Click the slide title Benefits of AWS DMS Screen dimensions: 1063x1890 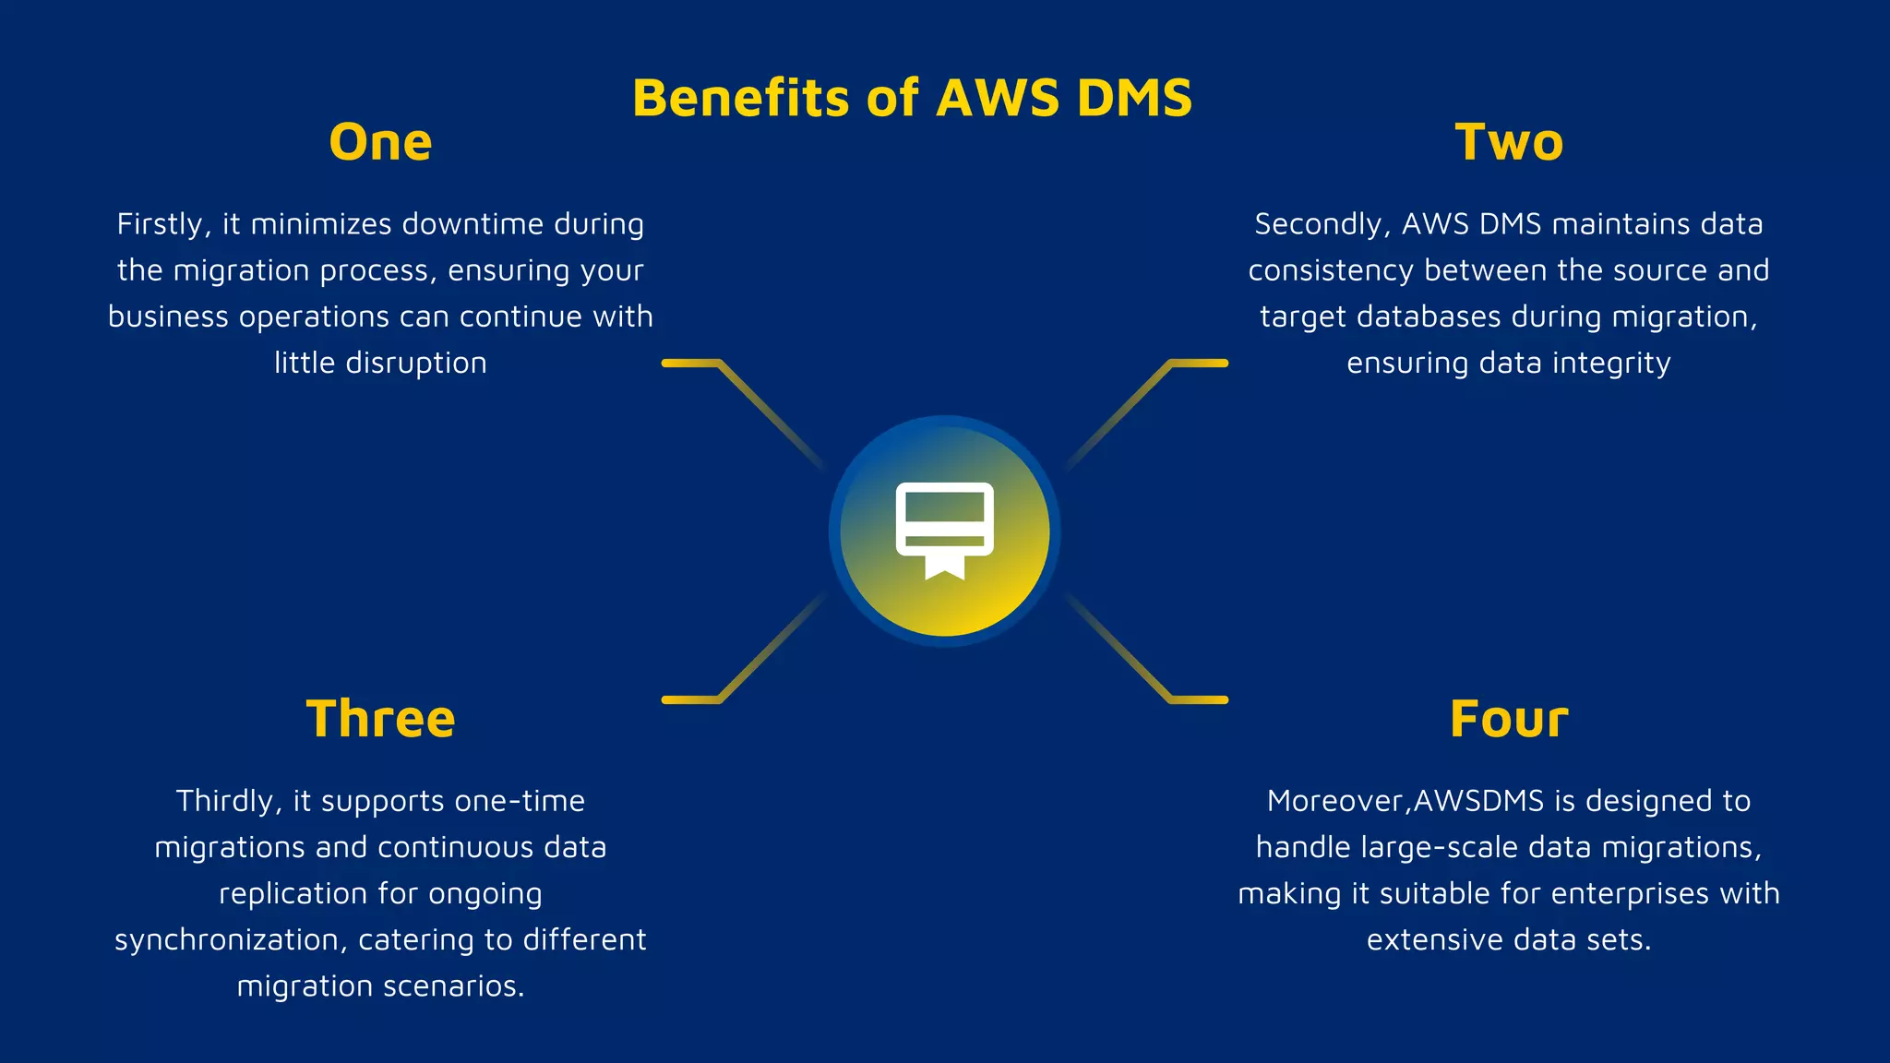[912, 98]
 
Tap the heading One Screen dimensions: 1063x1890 [380, 143]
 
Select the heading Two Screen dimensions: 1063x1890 [1509, 143]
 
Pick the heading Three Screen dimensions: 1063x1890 [380, 720]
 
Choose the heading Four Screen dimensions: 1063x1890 [1509, 720]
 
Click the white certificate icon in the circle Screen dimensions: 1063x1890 [944, 530]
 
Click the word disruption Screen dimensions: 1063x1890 [415, 364]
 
